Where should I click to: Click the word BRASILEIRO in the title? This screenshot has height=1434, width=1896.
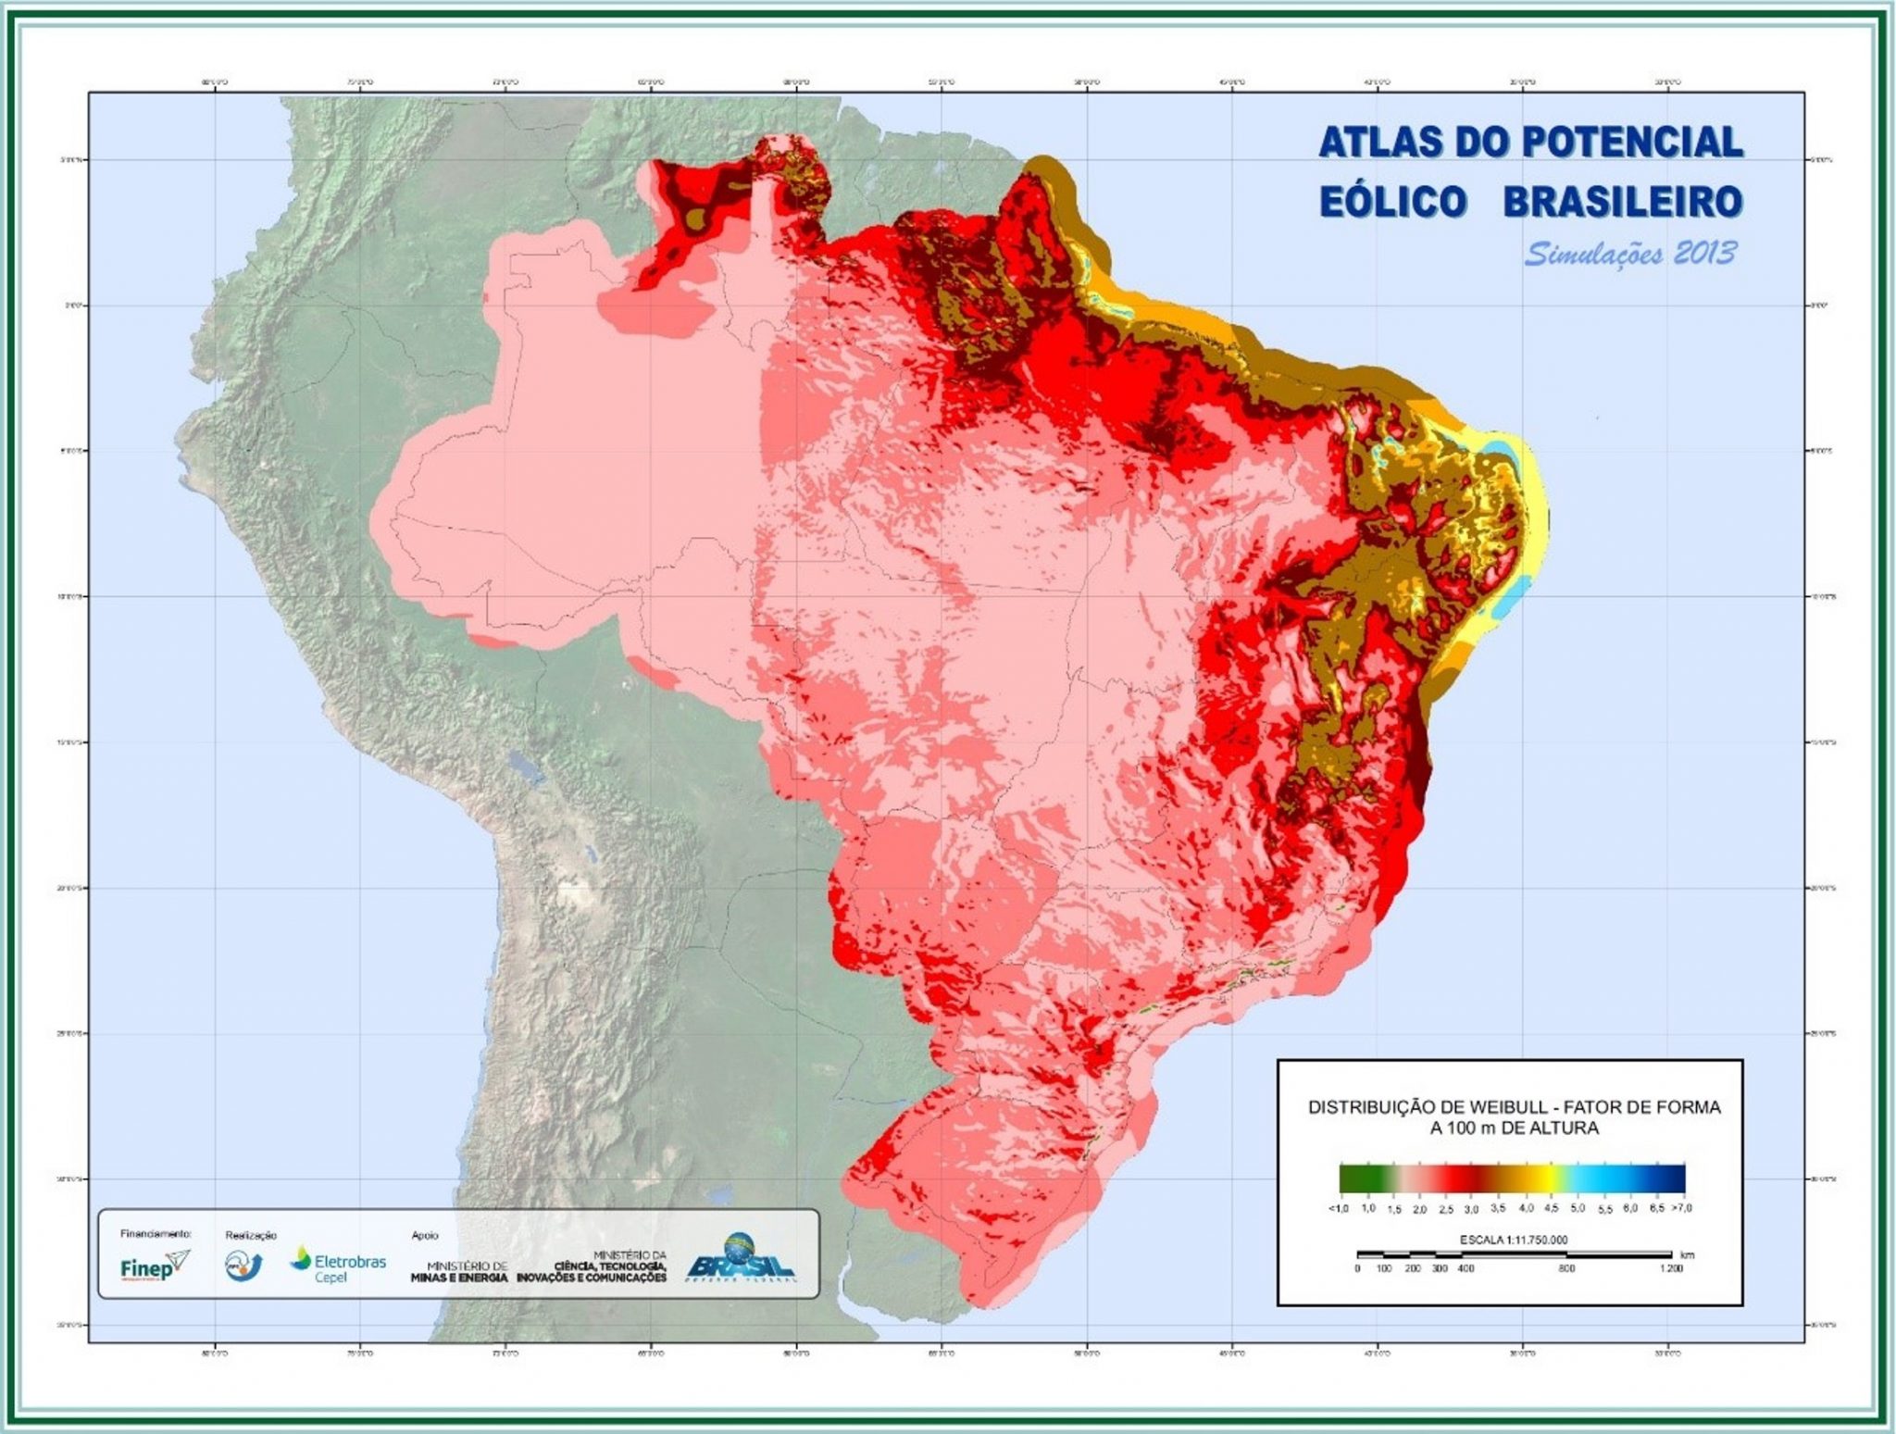pyautogui.click(x=1624, y=202)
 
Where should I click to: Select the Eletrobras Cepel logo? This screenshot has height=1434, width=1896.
pyautogui.click(x=338, y=1265)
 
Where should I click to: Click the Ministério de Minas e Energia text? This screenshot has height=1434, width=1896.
pyautogui.click(x=458, y=1271)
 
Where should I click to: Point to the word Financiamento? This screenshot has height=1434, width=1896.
pyautogui.click(x=156, y=1233)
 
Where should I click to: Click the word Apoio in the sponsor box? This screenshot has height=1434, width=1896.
pyautogui.click(x=425, y=1235)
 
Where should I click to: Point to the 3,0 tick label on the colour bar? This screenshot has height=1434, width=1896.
pyautogui.click(x=1472, y=1209)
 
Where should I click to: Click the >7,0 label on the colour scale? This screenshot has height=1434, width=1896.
pyautogui.click(x=1681, y=1208)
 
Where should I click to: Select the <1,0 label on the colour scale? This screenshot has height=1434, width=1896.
pyautogui.click(x=1339, y=1208)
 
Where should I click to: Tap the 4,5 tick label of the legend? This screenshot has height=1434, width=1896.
pyautogui.click(x=1552, y=1208)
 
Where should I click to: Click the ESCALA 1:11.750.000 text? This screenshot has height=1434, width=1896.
pyautogui.click(x=1513, y=1240)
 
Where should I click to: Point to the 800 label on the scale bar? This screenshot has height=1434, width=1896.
pyautogui.click(x=1565, y=1268)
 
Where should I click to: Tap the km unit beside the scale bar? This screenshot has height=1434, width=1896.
pyautogui.click(x=1687, y=1255)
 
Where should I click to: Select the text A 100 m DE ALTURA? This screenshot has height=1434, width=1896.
pyautogui.click(x=1514, y=1128)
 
